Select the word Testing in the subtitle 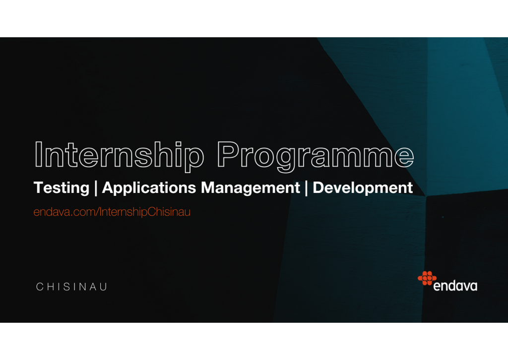coord(62,188)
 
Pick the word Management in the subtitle coord(251,188)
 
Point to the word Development coord(363,188)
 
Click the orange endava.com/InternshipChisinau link coord(112,212)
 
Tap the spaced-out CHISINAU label coord(71,287)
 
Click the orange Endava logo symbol coord(427,278)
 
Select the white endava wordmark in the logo coord(455,286)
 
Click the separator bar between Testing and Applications coord(96,188)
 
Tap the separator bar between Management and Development coord(307,188)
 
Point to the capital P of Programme coord(229,154)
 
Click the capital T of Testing coord(41,187)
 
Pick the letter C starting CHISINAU coord(40,287)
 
